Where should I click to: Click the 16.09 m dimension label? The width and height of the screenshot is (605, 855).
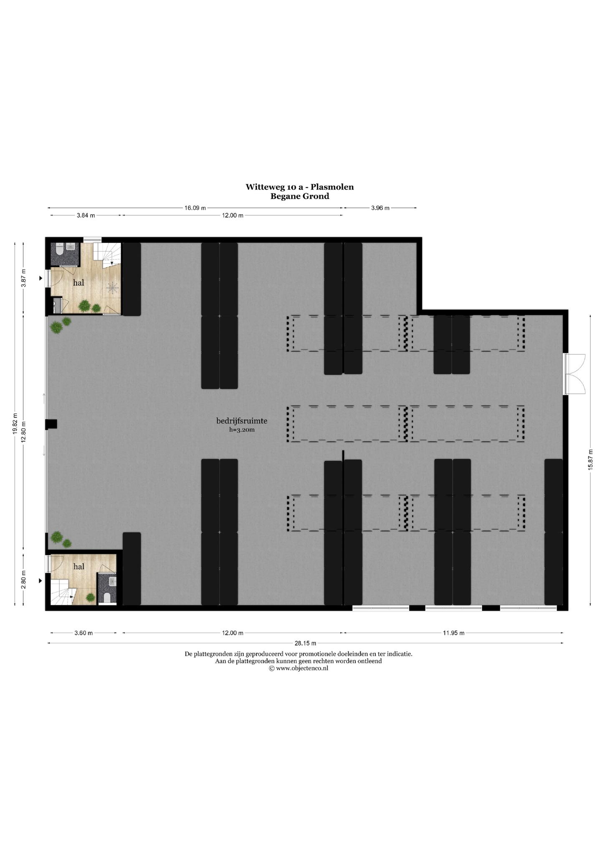(195, 208)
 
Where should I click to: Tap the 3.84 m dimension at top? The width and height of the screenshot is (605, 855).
(86, 215)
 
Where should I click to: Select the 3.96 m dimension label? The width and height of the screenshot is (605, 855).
(380, 208)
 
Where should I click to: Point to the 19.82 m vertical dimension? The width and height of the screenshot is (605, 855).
(15, 424)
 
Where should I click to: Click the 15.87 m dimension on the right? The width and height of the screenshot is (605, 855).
(590, 460)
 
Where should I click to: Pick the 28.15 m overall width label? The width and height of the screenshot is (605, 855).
(305, 643)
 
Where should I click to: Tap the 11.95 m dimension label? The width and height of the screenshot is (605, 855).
(453, 633)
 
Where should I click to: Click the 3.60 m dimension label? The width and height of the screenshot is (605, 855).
(84, 633)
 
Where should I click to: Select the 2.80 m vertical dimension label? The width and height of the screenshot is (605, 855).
(24, 580)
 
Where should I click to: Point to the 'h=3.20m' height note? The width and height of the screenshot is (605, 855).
(242, 429)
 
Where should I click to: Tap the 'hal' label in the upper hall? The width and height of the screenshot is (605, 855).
(78, 283)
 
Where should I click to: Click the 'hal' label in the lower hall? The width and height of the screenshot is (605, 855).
(78, 567)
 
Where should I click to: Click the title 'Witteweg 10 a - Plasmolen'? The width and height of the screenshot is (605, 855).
(299, 187)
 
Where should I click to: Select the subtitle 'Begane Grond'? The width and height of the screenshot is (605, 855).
(299, 196)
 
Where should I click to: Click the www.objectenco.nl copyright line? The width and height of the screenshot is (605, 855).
(299, 668)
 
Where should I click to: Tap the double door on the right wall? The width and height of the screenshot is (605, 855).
(575, 374)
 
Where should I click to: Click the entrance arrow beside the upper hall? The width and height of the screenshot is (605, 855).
(41, 278)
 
